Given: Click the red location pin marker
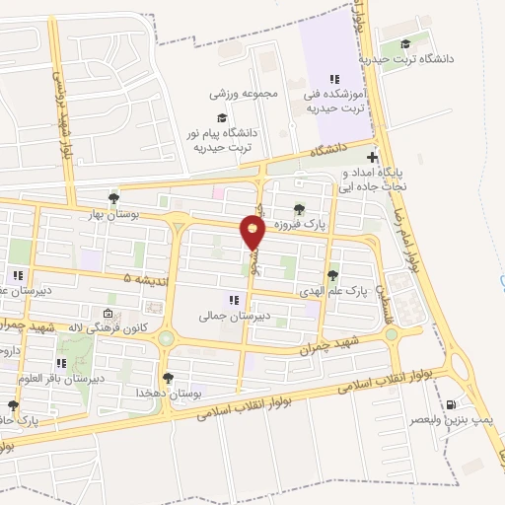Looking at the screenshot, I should (x=253, y=233).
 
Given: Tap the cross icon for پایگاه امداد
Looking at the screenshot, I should (x=372, y=158).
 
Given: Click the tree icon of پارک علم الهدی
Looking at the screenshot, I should (x=332, y=276).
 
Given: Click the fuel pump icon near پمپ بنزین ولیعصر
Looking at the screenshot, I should (x=452, y=404).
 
